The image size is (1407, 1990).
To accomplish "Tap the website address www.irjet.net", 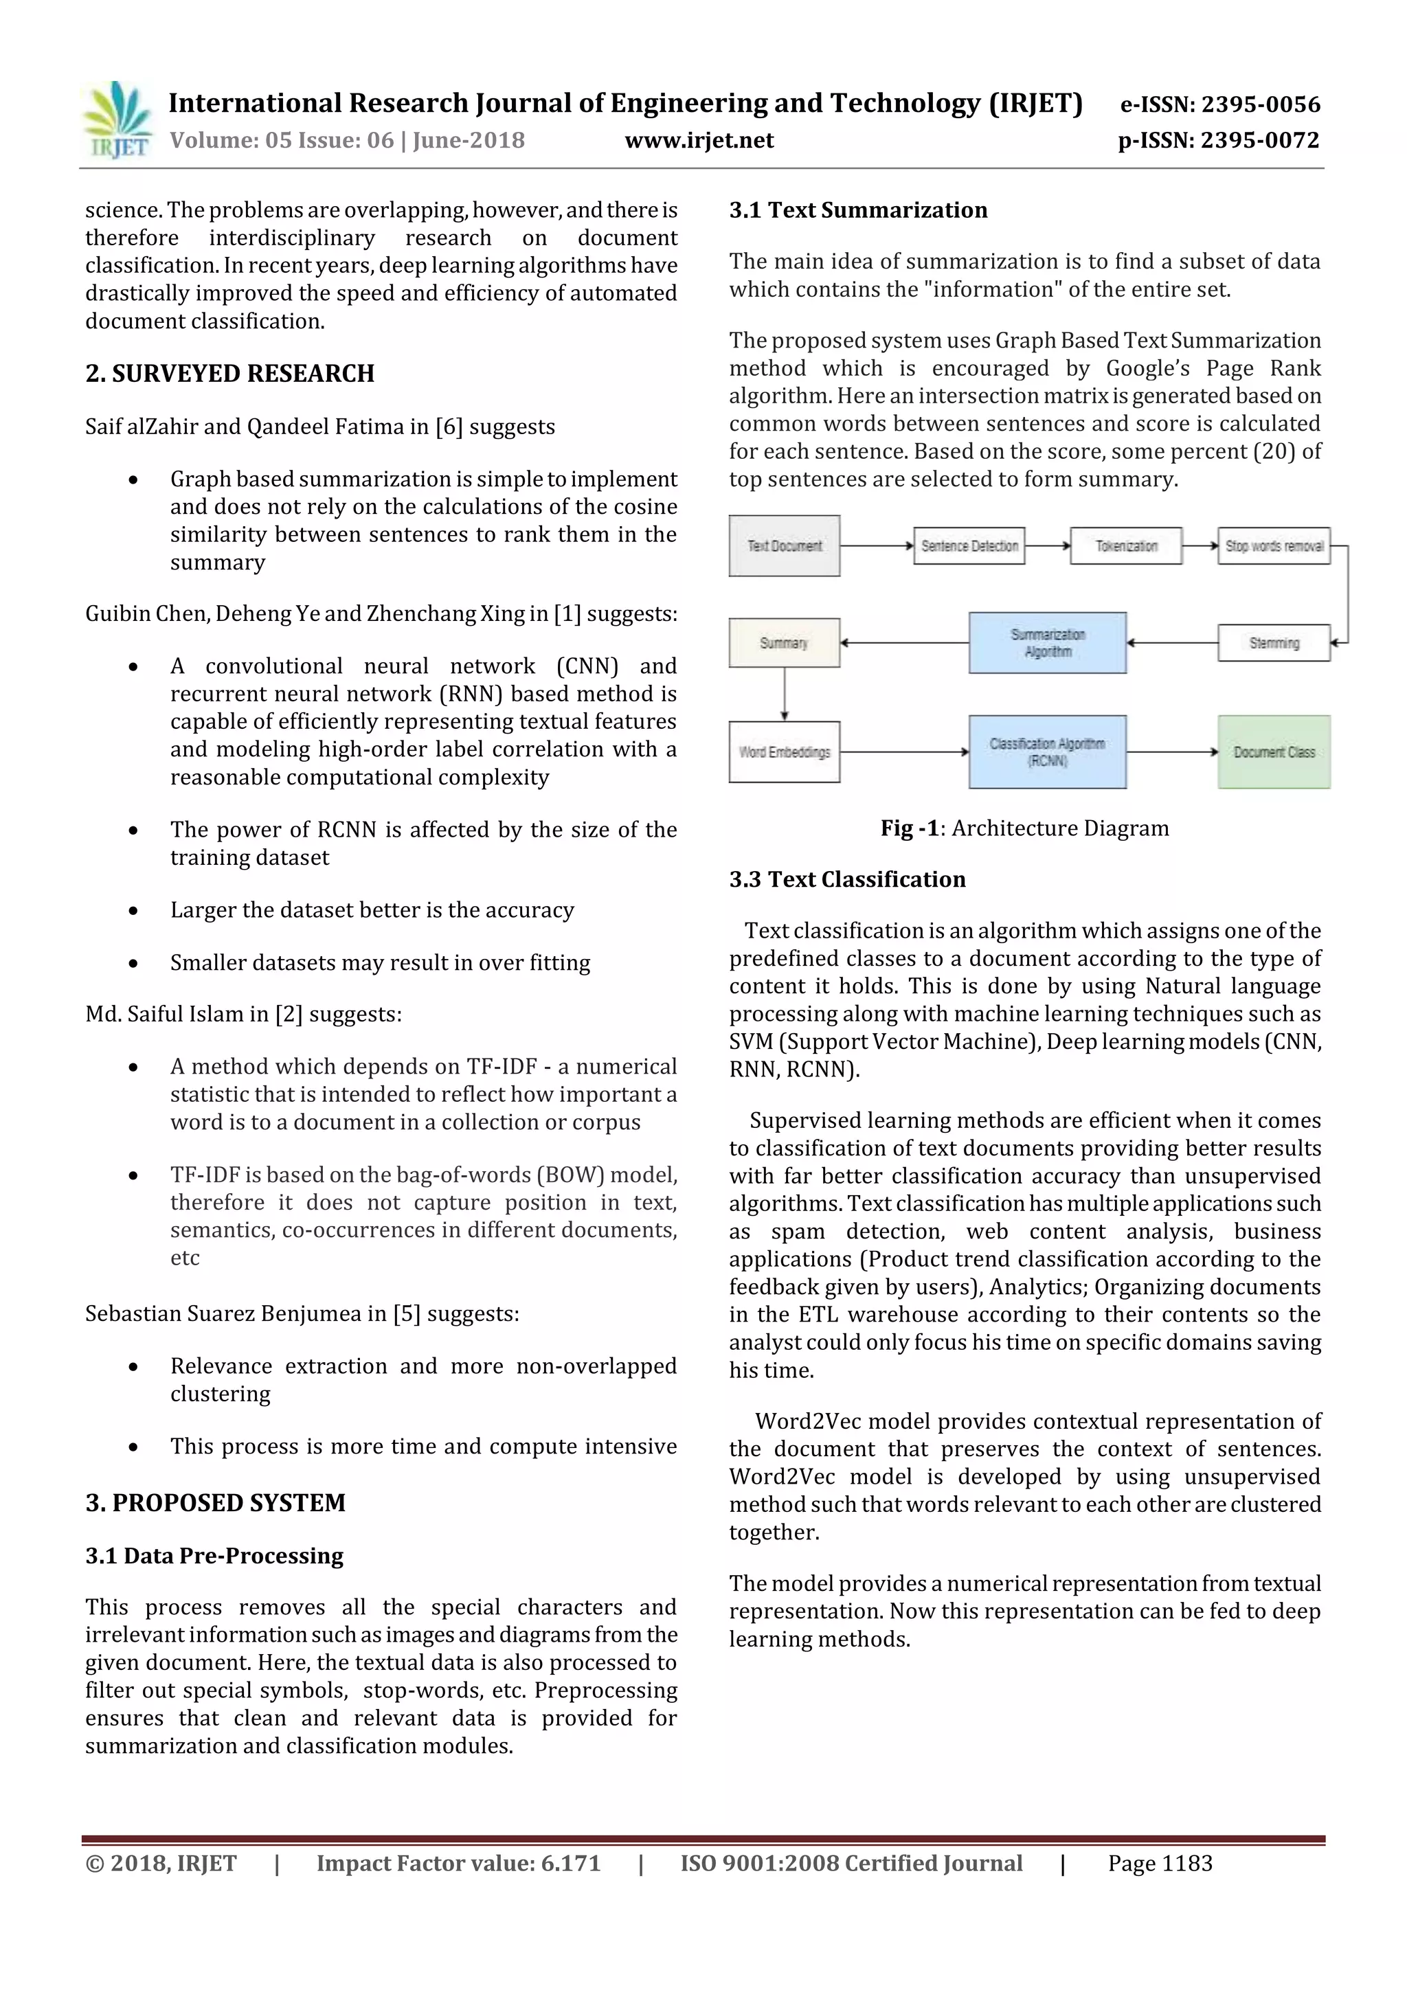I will (699, 140).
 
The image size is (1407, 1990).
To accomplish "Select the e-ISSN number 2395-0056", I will (1259, 105).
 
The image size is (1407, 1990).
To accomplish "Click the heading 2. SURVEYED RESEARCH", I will (229, 374).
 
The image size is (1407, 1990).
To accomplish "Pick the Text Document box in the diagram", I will (784, 546).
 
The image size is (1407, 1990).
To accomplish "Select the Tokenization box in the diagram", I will (1125, 546).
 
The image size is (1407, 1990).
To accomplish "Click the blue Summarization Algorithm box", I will (1047, 643).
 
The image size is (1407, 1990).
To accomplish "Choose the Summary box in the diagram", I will (784, 643).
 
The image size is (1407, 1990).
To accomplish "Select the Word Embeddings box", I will (784, 752).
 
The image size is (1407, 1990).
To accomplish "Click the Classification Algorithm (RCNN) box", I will (1047, 752).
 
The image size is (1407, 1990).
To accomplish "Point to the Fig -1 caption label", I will (910, 828).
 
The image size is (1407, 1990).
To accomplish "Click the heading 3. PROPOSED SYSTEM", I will (215, 1503).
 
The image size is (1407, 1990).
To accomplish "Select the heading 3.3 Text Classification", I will (846, 880).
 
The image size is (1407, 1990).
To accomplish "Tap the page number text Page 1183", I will (1159, 1864).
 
